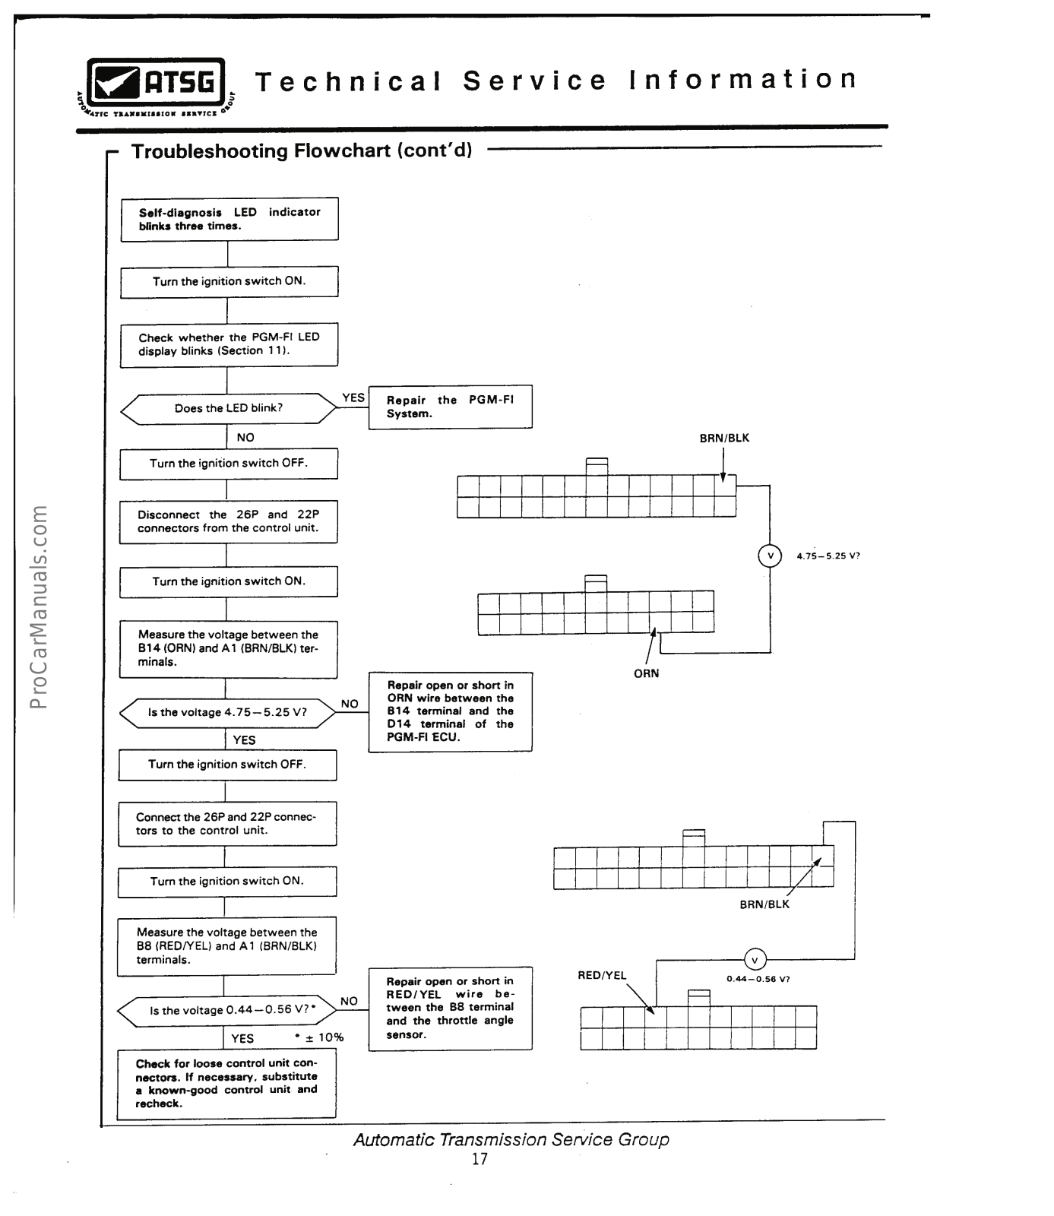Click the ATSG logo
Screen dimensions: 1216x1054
[x=157, y=84]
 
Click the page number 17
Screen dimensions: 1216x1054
[x=480, y=1159]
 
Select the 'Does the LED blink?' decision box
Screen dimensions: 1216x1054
[x=228, y=409]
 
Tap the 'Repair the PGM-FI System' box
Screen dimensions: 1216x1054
[x=450, y=407]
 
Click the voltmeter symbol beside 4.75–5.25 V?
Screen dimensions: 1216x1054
[x=770, y=556]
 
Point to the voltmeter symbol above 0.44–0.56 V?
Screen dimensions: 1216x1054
[x=754, y=960]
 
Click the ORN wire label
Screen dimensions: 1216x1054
[x=646, y=673]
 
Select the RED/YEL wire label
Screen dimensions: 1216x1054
[x=602, y=976]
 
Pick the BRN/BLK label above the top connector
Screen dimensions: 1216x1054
[x=724, y=439]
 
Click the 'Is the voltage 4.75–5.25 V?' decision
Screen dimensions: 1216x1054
[x=227, y=713]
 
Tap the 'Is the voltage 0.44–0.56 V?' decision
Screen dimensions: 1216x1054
[x=227, y=1011]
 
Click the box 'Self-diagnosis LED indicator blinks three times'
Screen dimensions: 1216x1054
[x=229, y=220]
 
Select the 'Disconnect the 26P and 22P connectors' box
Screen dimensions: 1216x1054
[x=228, y=521]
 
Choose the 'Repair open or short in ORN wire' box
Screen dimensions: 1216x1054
[x=450, y=711]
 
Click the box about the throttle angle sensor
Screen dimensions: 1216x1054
[x=450, y=1009]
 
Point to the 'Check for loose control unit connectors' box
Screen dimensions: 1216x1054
[x=226, y=1084]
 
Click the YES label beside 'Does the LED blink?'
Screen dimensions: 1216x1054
[x=353, y=397]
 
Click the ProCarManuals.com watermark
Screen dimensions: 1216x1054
[x=39, y=606]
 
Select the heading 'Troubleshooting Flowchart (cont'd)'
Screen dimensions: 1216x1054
[x=302, y=150]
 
